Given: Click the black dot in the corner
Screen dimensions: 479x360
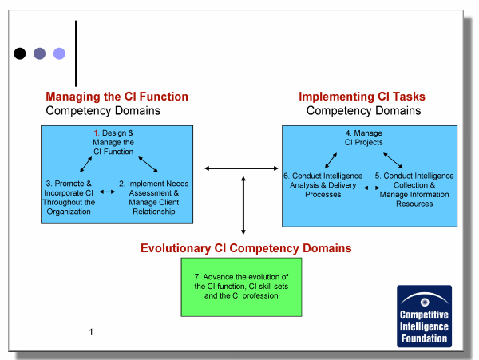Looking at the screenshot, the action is pyautogui.click(x=20, y=53).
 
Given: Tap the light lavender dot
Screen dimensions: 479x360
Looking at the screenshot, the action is pyautogui.click(x=59, y=53).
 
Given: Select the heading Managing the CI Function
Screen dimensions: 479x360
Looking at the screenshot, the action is pyautogui.click(x=117, y=97).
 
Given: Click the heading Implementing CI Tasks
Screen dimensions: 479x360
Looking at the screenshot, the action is pyautogui.click(x=362, y=97).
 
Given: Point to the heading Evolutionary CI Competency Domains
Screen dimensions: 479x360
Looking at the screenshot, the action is pyautogui.click(x=246, y=248).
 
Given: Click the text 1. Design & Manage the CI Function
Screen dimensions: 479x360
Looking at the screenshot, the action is pyautogui.click(x=113, y=142).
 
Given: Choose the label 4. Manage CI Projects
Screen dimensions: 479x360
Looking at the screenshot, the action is pyautogui.click(x=363, y=138).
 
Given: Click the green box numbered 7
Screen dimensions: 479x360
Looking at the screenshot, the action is pyautogui.click(x=241, y=287).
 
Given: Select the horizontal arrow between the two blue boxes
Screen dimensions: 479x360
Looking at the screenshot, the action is pyautogui.click(x=241, y=168).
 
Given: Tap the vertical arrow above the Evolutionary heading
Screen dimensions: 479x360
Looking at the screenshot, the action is pyautogui.click(x=243, y=205).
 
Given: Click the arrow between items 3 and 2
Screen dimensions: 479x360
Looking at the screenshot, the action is pyautogui.click(x=107, y=192).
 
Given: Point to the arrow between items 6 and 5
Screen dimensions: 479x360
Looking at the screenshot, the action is pyautogui.click(x=372, y=188).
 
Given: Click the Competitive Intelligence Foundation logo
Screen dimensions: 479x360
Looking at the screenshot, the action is pyautogui.click(x=425, y=316).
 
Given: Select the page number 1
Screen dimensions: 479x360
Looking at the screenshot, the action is pyautogui.click(x=91, y=332).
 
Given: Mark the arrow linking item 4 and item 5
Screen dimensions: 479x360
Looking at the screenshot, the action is pyautogui.click(x=393, y=160).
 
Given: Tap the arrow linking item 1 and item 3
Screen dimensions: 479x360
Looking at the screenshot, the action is pyautogui.click(x=86, y=164).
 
